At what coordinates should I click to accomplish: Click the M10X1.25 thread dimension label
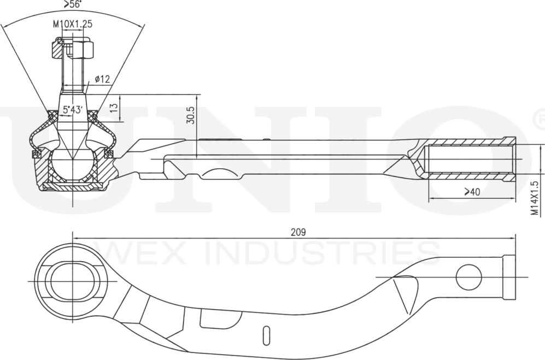pyautogui.click(x=72, y=25)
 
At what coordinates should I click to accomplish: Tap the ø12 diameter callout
pyautogui.click(x=102, y=80)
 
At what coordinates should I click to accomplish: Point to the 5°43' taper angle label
pyautogui.click(x=72, y=110)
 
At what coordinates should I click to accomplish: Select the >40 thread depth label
pyautogui.click(x=472, y=192)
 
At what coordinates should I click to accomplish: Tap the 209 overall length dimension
pyautogui.click(x=298, y=232)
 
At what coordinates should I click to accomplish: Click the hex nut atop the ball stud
pyautogui.click(x=73, y=49)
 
